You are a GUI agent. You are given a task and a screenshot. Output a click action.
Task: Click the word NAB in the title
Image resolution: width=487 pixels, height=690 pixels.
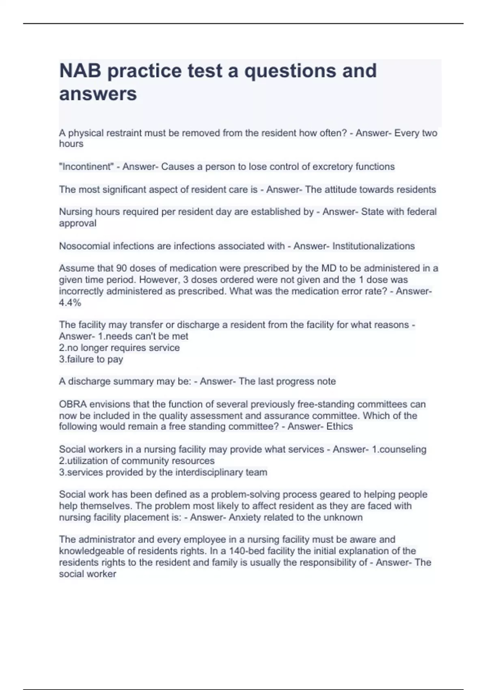click(80, 71)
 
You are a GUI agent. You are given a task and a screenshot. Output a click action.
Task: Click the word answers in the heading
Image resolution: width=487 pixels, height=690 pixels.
click(98, 94)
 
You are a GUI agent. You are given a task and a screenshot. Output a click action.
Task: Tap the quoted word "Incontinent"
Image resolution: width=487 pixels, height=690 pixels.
click(86, 167)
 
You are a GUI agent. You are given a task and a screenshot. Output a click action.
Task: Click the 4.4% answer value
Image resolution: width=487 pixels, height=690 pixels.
click(70, 302)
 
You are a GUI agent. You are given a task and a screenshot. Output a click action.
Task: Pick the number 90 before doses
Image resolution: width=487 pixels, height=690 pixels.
click(122, 268)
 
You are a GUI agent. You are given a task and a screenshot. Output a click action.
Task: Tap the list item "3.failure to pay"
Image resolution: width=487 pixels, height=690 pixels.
click(91, 359)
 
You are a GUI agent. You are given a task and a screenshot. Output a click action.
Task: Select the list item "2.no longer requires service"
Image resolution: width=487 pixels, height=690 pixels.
click(119, 348)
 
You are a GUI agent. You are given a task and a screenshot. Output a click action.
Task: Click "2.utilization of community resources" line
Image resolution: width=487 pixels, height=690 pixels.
click(137, 461)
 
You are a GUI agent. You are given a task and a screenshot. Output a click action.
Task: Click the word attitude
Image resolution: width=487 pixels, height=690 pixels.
click(342, 190)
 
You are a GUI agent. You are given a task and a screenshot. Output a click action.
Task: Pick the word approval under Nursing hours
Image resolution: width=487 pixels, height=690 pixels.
click(78, 223)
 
